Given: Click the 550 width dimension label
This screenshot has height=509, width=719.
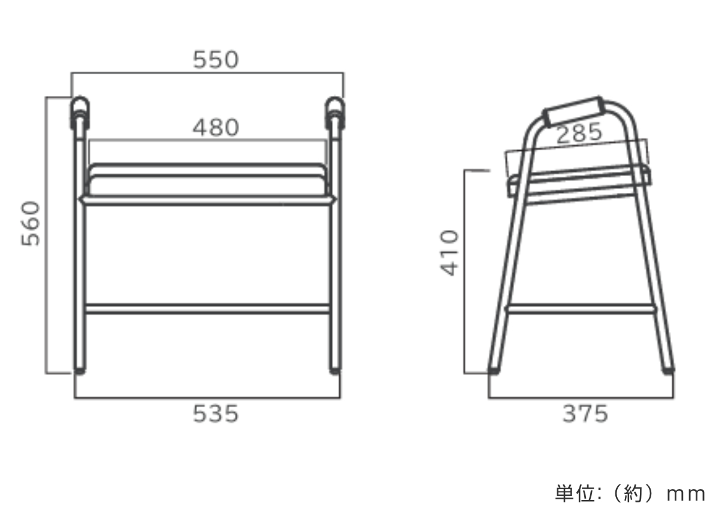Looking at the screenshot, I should pyautogui.click(x=216, y=60).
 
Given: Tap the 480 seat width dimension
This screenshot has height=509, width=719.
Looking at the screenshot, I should pyautogui.click(x=216, y=128).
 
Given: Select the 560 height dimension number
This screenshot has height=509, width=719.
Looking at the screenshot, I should pyautogui.click(x=31, y=223).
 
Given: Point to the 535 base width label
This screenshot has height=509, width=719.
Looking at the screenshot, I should pyautogui.click(x=216, y=413).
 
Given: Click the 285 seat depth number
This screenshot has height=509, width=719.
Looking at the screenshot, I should pyautogui.click(x=579, y=134).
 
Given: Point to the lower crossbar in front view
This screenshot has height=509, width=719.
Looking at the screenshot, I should pyautogui.click(x=207, y=309).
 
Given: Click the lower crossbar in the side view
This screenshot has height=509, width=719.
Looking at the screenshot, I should pyautogui.click(x=579, y=309).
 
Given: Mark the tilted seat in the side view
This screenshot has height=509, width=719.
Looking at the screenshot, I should pyautogui.click(x=578, y=180).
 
